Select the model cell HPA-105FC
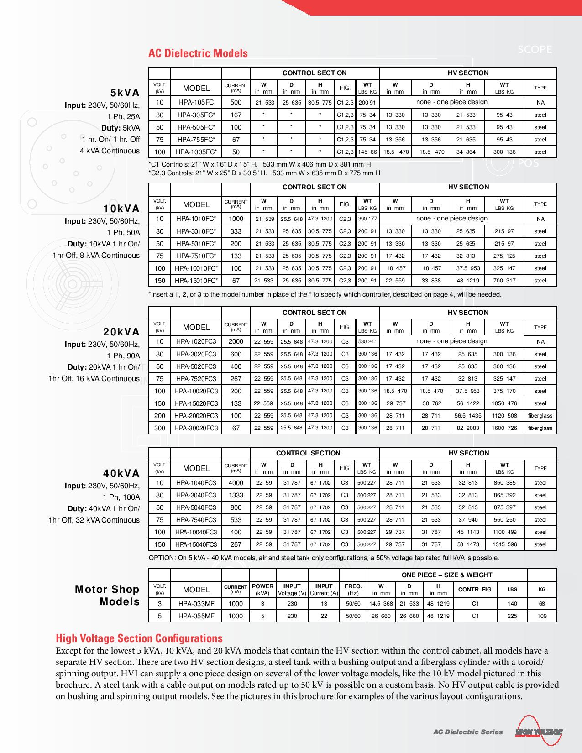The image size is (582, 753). pos(196,102)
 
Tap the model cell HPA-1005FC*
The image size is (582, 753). pos(196,152)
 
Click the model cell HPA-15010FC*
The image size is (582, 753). pos(196,281)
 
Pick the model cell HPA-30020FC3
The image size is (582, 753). pos(196,428)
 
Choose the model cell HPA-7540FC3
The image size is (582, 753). pos(196,520)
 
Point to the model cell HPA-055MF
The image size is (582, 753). pos(196,616)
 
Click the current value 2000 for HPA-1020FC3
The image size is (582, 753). pos(236,341)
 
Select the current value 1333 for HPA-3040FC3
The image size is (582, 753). pos(236,495)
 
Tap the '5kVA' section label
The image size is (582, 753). pos(125,93)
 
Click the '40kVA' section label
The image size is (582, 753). pos(121,474)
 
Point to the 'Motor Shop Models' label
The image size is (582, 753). pos(108,596)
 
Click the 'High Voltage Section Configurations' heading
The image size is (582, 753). pos(139,638)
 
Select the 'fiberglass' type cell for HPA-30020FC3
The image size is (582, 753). pos(540,428)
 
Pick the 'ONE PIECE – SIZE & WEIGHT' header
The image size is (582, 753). pos(447,575)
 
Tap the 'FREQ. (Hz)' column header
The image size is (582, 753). pos(353,589)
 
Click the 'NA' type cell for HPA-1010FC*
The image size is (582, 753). pos(540,219)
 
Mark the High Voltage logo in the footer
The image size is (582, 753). pos(539,732)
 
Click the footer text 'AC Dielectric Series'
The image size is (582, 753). pos(468,732)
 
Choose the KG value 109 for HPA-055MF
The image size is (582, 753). pos(542,616)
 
